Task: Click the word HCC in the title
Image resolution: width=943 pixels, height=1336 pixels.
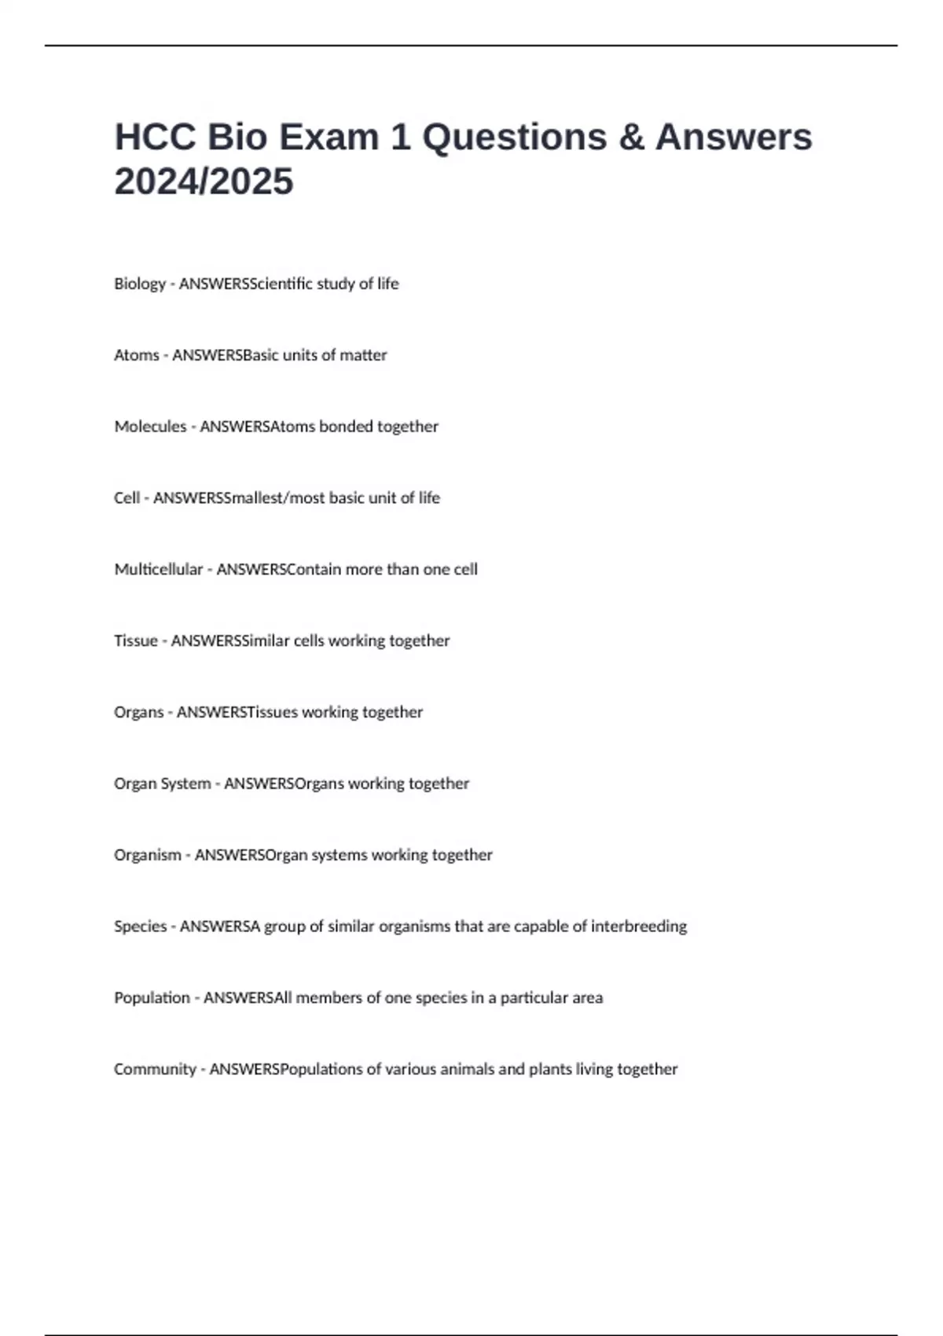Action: (154, 137)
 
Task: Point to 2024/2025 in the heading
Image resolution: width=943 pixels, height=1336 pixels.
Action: (204, 182)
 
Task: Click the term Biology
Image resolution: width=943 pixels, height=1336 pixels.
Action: (140, 284)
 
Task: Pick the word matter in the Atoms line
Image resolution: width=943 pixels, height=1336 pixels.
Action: (363, 355)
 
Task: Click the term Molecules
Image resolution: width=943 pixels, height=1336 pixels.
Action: (150, 427)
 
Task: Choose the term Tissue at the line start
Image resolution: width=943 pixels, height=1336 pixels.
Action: (136, 640)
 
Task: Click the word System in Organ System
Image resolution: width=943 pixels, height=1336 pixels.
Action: (185, 784)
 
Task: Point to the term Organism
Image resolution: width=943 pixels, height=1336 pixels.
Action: (148, 855)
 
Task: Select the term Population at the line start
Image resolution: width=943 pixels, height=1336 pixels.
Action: (152, 998)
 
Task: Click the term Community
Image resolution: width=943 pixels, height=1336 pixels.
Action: (155, 1070)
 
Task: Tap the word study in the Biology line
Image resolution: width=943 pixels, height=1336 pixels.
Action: (336, 284)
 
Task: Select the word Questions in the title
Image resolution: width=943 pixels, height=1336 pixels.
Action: (515, 137)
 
